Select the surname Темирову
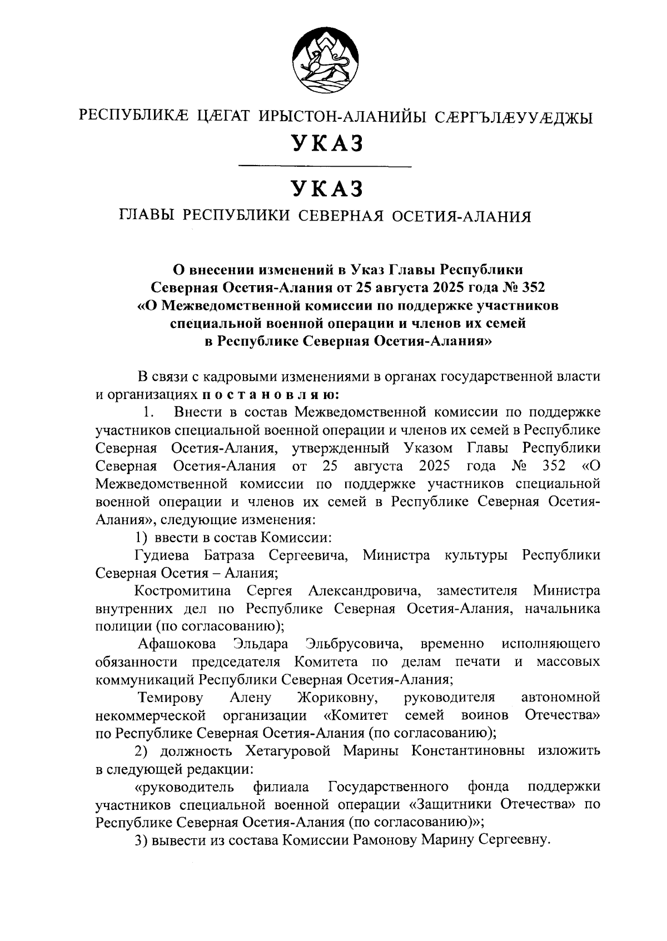tap(171, 697)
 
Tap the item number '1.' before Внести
tap(147, 413)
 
